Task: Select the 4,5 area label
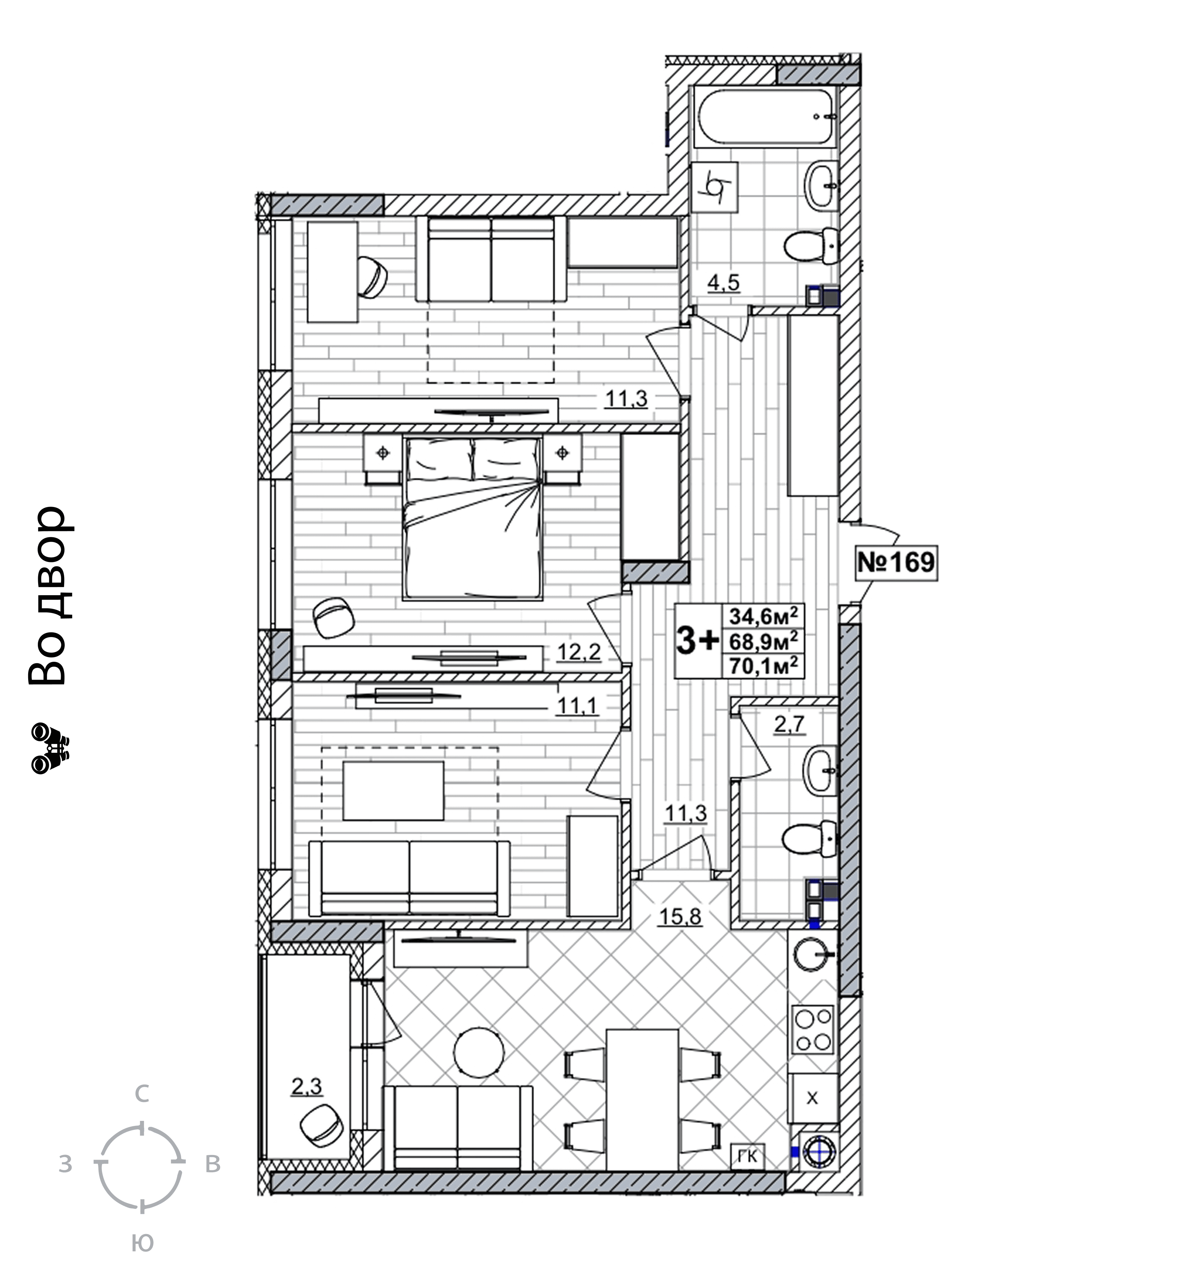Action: click(723, 282)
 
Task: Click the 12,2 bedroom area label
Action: click(578, 652)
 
